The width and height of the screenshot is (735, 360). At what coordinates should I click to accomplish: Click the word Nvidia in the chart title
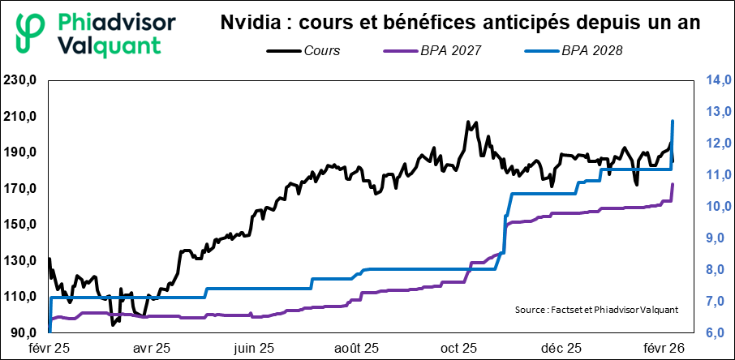(x=244, y=24)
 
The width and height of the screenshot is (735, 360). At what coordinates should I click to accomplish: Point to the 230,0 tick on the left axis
(x=21, y=80)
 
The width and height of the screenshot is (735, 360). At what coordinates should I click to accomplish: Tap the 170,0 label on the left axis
(x=21, y=189)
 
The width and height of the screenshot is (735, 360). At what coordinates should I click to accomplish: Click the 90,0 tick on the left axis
(x=24, y=333)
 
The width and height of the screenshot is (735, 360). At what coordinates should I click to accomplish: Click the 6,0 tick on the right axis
(x=715, y=333)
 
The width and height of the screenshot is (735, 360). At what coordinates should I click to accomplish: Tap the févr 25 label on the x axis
(x=49, y=349)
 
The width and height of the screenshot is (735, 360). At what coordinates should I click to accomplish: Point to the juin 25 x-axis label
(x=253, y=349)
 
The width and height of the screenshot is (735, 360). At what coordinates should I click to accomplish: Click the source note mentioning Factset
(x=595, y=310)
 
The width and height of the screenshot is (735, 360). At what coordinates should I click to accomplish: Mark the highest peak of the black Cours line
(x=468, y=122)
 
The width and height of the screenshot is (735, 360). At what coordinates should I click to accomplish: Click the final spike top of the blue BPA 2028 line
(x=673, y=121)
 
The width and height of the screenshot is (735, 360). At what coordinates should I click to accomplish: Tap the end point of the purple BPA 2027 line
(x=673, y=185)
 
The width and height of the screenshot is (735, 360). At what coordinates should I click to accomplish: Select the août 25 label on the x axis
(x=356, y=349)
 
